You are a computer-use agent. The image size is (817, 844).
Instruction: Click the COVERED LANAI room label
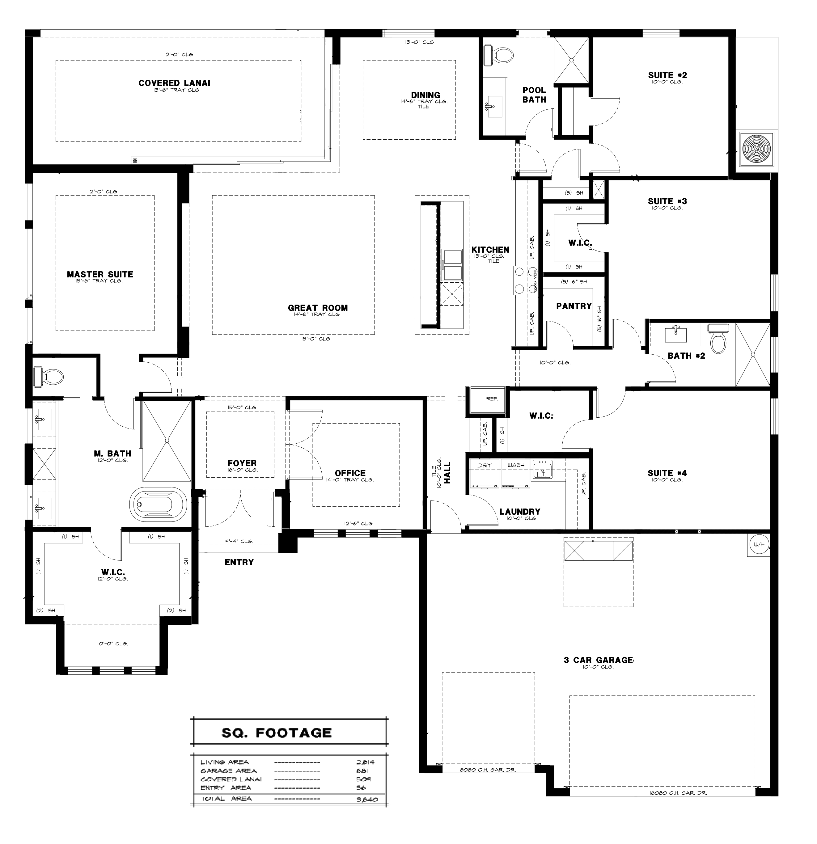[x=174, y=83]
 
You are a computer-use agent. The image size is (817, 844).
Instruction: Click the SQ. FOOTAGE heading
[x=277, y=733]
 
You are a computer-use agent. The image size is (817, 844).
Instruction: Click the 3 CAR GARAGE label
[x=598, y=660]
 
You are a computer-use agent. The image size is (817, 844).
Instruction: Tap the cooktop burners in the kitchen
[x=525, y=280]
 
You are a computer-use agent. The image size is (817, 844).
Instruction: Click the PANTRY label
[x=574, y=306]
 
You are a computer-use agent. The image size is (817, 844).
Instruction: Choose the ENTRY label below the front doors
[x=239, y=562]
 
